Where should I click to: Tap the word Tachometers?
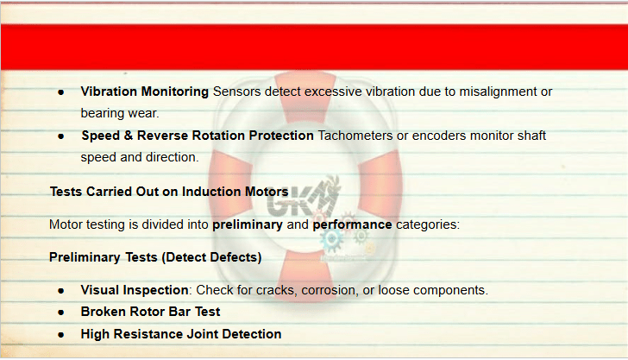pyautogui.click(x=355, y=136)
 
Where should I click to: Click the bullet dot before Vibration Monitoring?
pyautogui.click(x=61, y=92)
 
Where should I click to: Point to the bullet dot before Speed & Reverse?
pyautogui.click(x=61, y=136)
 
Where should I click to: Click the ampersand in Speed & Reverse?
pyautogui.click(x=129, y=136)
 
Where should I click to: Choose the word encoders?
pyautogui.click(x=439, y=136)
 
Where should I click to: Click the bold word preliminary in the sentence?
pyautogui.click(x=248, y=225)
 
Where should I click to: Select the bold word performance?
pyautogui.click(x=352, y=225)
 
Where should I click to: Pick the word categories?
pyautogui.click(x=428, y=225)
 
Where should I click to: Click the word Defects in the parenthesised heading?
pyautogui.click(x=235, y=257)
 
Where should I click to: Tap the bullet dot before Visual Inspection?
pyautogui.click(x=61, y=291)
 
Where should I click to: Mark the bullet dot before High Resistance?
pyautogui.click(x=61, y=335)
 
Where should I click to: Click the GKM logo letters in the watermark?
pyautogui.click(x=301, y=199)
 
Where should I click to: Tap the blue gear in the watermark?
pyautogui.click(x=331, y=239)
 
